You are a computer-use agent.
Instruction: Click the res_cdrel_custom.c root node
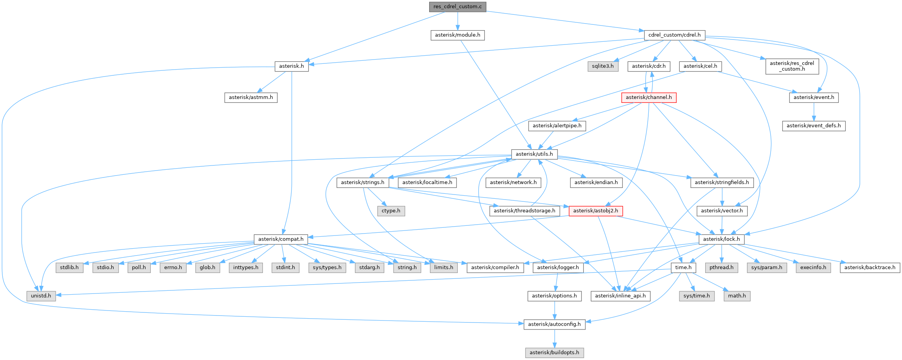coord(457,7)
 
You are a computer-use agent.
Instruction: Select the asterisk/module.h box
coord(457,35)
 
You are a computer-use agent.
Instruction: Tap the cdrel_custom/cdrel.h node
coord(674,35)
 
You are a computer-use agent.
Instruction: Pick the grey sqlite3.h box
coord(603,66)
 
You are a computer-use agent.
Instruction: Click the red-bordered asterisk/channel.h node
coord(649,97)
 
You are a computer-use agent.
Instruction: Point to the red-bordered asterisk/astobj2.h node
coord(595,211)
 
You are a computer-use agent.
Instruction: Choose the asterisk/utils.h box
coord(534,154)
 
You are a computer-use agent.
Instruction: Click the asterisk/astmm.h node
coord(251,97)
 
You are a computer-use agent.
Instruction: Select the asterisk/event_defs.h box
coord(813,126)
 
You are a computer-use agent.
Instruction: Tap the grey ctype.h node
coord(391,211)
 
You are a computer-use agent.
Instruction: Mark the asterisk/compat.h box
coord(281,239)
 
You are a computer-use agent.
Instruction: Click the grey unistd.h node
coord(41,296)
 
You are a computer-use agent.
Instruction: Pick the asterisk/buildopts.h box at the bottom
coord(554,353)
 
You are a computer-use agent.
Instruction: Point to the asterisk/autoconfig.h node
coord(554,324)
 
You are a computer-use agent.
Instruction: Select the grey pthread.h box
coord(721,268)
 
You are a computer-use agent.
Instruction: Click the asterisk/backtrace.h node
coord(870,268)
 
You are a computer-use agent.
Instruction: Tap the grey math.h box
coord(737,296)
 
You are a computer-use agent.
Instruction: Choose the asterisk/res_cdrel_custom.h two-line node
coord(792,66)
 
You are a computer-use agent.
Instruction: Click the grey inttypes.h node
coord(246,268)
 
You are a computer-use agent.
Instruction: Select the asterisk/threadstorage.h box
coord(524,211)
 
